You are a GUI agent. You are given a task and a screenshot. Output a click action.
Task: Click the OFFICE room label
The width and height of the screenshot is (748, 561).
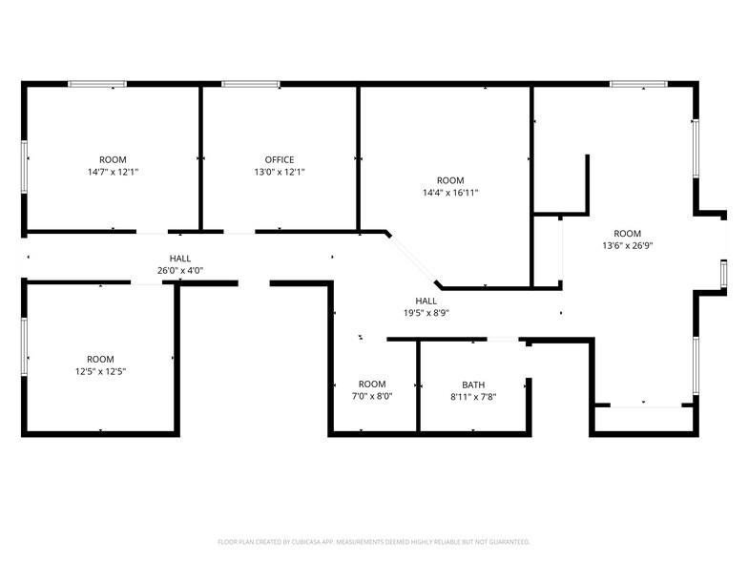tap(280, 159)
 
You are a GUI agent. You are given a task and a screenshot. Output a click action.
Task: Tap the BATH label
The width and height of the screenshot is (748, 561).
tap(473, 384)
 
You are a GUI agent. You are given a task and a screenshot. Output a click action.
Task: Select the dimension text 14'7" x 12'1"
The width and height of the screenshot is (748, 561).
tap(113, 173)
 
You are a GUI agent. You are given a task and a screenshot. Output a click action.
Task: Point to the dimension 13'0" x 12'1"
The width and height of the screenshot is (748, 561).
tap(280, 173)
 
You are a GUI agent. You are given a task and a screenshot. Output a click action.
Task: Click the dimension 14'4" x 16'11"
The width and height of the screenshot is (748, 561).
tap(450, 193)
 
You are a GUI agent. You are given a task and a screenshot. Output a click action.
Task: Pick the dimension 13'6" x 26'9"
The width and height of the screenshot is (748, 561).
tap(627, 246)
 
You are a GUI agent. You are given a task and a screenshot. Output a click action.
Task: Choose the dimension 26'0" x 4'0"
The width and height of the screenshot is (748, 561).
tap(179, 271)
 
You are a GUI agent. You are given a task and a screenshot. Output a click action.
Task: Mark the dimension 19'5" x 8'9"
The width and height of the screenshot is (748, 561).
tap(426, 312)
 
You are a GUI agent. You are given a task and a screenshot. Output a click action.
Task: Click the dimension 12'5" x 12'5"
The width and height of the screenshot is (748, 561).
tap(100, 371)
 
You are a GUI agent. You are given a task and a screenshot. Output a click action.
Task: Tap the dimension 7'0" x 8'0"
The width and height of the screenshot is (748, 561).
tap(372, 396)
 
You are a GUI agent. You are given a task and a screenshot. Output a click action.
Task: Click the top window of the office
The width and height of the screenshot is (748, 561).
tap(251, 84)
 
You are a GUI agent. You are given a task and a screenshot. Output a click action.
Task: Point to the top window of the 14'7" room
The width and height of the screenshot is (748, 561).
tap(97, 84)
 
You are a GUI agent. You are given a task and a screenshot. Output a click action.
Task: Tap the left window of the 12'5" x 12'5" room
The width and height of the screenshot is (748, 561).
tap(24, 349)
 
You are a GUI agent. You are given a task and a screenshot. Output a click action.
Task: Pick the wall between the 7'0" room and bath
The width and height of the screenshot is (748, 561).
tap(419, 386)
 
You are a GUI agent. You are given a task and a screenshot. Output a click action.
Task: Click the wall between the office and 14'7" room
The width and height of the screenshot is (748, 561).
tap(200, 157)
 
